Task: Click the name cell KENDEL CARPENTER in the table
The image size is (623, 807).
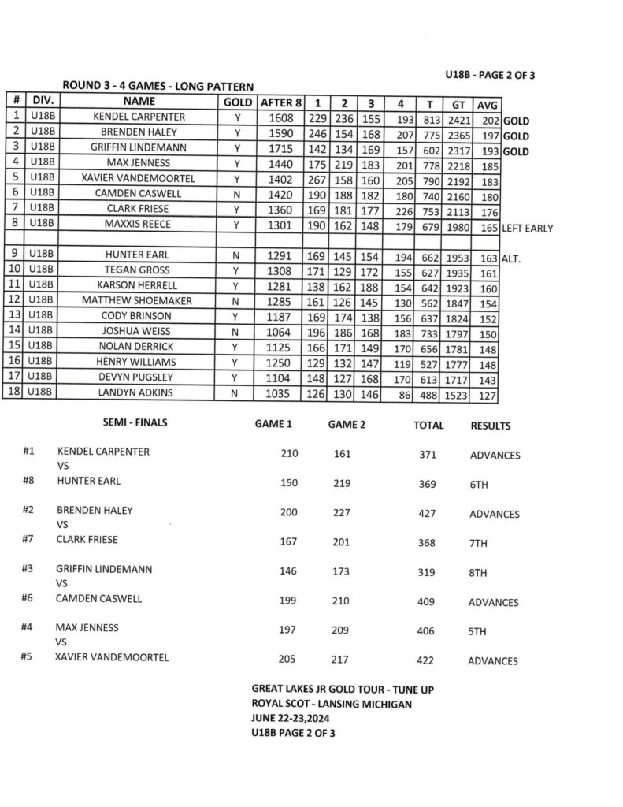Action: [139, 117]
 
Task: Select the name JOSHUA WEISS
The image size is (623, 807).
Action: [139, 332]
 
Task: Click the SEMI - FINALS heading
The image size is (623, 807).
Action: [135, 423]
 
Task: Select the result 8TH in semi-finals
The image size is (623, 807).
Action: [479, 575]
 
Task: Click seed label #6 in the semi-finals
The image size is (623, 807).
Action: [29, 599]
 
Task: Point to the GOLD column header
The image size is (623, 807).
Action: [238, 102]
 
